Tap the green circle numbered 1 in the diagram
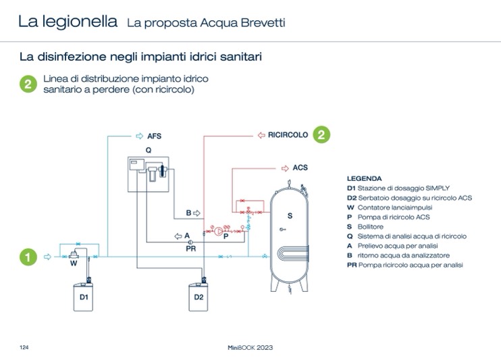click(28, 257)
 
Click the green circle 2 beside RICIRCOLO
click(321, 134)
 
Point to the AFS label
click(155, 136)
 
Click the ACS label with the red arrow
click(300, 168)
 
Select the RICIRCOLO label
click(288, 135)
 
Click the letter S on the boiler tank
click(290, 216)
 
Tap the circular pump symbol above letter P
click(219, 231)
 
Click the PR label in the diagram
click(191, 249)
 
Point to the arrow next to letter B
click(197, 213)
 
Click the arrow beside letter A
click(178, 236)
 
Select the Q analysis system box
click(149, 174)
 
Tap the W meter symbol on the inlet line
click(74, 255)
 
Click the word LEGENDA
click(364, 178)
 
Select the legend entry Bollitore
click(370, 227)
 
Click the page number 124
click(24, 348)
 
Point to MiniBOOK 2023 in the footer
click(250, 348)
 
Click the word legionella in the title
click(80, 22)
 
